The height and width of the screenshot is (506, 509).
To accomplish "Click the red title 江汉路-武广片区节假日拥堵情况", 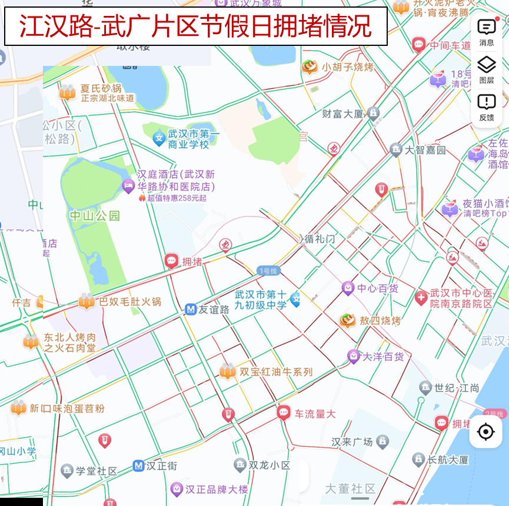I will point(195,26).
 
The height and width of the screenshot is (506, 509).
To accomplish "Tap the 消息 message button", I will point(486,32).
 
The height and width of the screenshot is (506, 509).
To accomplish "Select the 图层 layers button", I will point(486,70).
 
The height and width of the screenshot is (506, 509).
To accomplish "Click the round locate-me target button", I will point(485,432).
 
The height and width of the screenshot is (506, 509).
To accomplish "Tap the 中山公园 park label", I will point(95,216).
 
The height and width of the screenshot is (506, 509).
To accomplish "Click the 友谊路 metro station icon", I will point(190,309).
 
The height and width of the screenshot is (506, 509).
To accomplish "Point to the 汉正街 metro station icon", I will point(138,466).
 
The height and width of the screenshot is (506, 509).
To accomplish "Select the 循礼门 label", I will point(320,239).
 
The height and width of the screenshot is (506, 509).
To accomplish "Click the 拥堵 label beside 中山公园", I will point(192,262).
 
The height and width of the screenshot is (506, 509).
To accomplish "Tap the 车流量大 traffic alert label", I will point(315,414).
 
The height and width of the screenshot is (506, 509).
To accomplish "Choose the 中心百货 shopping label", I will point(378,288).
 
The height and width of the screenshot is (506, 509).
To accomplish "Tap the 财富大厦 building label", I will point(343,114).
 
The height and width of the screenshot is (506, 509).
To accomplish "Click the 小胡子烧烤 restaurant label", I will point(347,67).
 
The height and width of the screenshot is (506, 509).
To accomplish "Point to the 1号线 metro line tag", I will point(268,271).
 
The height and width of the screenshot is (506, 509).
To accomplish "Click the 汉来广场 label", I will point(352,441).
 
